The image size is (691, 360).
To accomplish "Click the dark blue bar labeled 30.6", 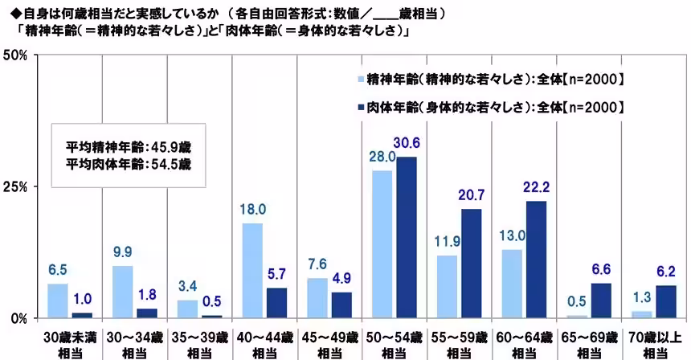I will [407, 237].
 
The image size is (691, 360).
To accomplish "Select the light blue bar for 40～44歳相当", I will [252, 270].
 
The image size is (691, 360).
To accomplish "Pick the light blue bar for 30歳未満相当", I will [58, 301].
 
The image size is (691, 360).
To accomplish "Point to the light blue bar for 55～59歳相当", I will [448, 286].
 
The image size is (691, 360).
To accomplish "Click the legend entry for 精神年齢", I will [491, 79].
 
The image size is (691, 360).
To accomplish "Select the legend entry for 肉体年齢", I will [491, 106].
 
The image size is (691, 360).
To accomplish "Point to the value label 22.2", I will [537, 186].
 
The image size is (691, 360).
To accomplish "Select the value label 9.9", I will [123, 252].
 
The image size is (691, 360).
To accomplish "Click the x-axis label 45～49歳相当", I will [330, 344].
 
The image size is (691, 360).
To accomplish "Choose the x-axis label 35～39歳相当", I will [200, 344].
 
